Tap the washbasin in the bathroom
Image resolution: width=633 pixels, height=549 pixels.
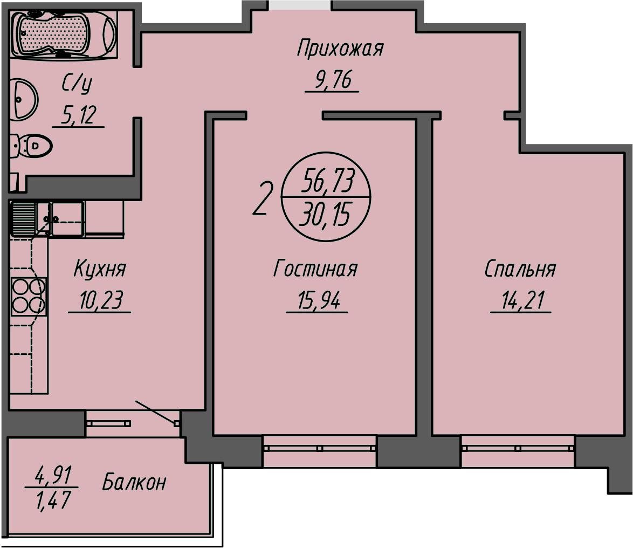click(x=24, y=99)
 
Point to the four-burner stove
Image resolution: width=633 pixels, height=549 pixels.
click(x=29, y=296)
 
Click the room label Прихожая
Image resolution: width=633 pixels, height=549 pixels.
click(x=340, y=49)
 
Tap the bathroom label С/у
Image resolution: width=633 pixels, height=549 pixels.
click(x=77, y=84)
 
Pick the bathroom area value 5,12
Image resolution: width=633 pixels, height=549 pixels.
click(x=78, y=115)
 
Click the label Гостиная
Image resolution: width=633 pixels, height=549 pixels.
click(x=315, y=268)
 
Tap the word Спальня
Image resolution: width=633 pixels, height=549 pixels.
click(x=520, y=268)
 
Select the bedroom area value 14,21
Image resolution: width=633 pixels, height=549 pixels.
click(x=520, y=301)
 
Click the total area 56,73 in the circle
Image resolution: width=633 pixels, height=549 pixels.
click(x=327, y=182)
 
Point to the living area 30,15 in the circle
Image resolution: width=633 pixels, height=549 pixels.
click(x=326, y=216)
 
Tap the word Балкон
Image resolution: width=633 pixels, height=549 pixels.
click(x=134, y=482)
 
